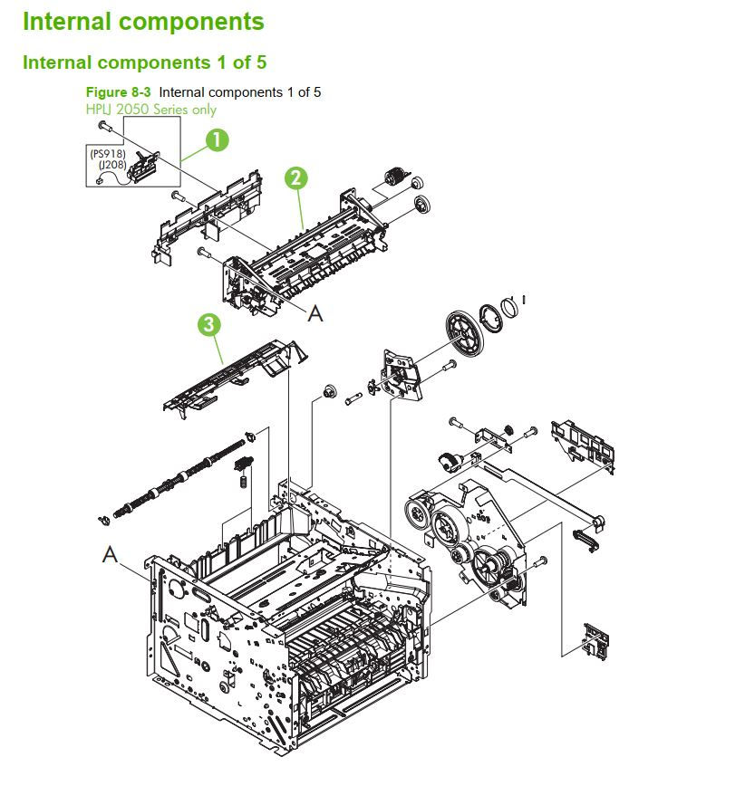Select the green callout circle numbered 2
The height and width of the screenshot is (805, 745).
(x=296, y=177)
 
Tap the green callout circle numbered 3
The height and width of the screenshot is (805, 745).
(x=208, y=325)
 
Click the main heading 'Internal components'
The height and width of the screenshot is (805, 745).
(x=143, y=22)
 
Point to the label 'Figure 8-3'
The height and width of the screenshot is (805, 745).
(x=118, y=92)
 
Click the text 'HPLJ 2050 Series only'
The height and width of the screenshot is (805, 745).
(x=150, y=110)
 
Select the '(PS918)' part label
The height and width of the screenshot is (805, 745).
(x=107, y=153)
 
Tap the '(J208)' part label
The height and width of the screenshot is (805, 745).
(x=111, y=165)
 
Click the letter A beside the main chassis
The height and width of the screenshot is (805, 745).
(x=110, y=554)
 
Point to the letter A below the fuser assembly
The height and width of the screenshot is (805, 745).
(x=314, y=312)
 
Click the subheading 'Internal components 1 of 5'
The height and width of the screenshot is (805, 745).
(x=144, y=62)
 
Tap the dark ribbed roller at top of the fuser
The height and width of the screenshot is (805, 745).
(x=395, y=180)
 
